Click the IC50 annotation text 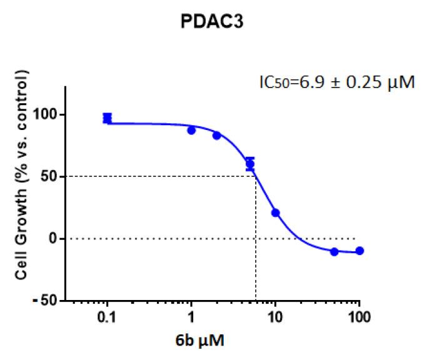tap(337, 82)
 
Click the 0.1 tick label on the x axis tap(107, 317)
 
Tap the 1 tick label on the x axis tap(191, 317)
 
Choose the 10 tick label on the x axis tap(275, 317)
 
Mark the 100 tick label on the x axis tap(359, 317)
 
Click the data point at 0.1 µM tap(108, 118)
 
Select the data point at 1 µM tap(191, 130)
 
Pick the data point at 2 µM tap(217, 135)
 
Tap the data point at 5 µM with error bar tap(250, 164)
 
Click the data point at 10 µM tap(275, 212)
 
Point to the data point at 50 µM tap(334, 251)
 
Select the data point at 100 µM tap(359, 251)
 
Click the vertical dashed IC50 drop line tap(256, 250)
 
